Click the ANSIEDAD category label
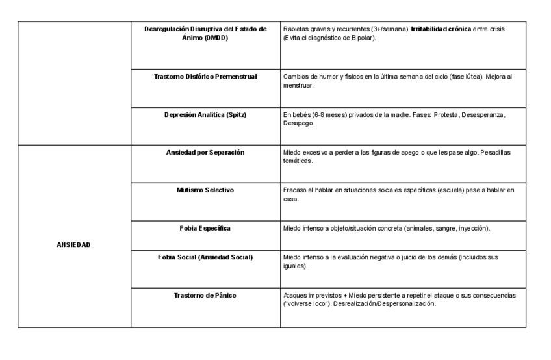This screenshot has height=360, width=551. coord(74,246)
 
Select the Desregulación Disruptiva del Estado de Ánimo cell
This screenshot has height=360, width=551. coord(205,33)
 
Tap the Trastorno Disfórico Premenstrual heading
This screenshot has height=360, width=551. coord(205,77)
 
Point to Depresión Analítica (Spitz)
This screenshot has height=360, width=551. coord(205,115)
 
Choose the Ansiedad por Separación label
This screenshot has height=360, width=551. coord(205,153)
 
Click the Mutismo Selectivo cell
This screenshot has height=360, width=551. coord(205,190)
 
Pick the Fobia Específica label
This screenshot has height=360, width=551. coord(205,229)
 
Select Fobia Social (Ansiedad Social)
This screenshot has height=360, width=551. coord(205,257)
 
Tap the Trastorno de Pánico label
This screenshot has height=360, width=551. coord(205,296)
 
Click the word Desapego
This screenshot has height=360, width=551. coord(298,123)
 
